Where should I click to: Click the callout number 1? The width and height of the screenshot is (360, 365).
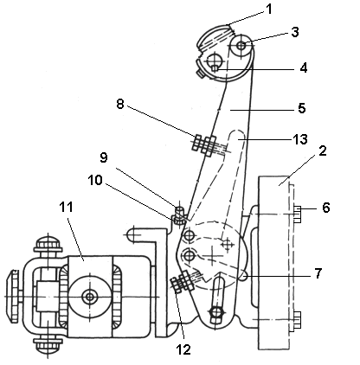coord(269,10)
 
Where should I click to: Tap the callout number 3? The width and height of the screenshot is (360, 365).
coord(295,32)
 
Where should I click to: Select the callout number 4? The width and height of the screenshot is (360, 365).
coord(303,68)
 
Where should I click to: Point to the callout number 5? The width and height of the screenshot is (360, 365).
coord(302,108)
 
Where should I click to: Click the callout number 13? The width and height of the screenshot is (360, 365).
coord(300,139)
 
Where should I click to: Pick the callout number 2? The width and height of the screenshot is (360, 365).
coord(323,150)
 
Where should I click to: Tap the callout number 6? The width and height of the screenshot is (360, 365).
coord(326,208)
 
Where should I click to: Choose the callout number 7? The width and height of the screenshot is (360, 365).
coord(318,273)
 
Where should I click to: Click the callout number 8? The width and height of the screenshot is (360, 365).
coord(120,104)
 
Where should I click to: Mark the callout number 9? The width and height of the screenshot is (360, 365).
coord(104,157)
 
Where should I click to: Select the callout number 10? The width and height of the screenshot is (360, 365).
coord(95,180)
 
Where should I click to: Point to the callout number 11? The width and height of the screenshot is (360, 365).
coord(67,207)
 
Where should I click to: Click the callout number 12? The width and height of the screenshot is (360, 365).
coord(183,349)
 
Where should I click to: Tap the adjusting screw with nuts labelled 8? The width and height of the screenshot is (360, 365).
coord(205,144)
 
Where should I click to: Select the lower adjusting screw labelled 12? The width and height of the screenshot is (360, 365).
coord(183,281)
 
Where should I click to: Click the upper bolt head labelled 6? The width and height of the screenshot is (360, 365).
coord(297,214)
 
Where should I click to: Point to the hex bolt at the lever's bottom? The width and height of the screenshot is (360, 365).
coord(216,312)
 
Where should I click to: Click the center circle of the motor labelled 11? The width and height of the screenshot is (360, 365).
coord(90,297)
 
